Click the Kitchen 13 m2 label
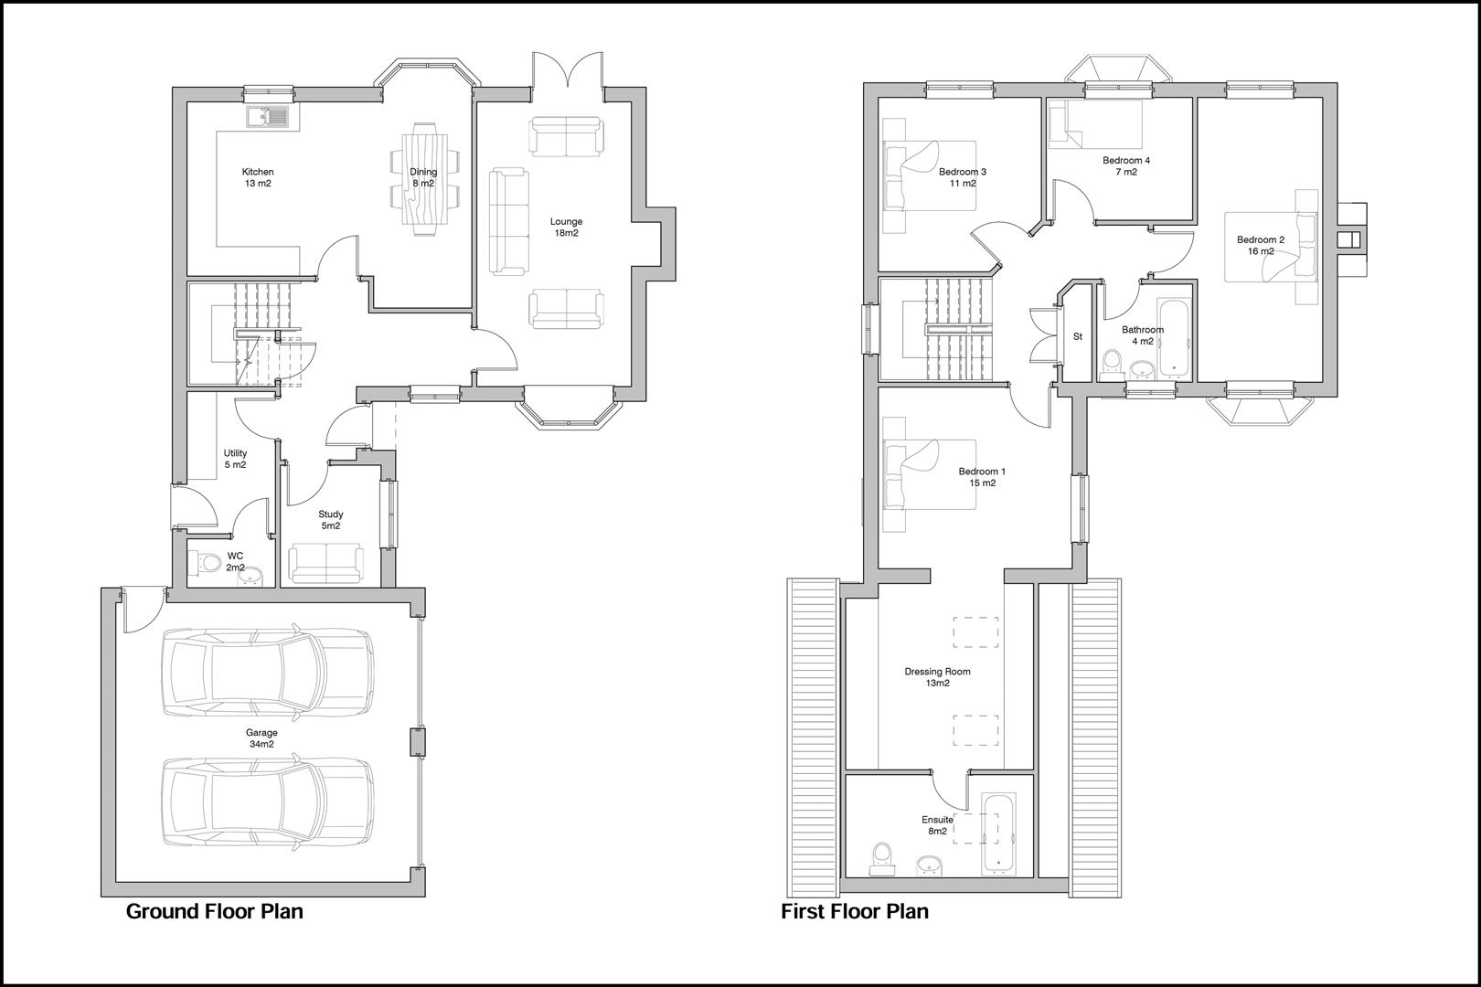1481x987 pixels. [257, 177]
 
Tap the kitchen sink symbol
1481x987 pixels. [267, 116]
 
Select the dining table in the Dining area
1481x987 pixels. [423, 179]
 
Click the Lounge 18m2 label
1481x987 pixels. [566, 227]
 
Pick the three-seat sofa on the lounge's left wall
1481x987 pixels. [509, 221]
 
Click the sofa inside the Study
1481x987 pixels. [326, 563]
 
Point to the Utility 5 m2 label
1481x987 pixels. [235, 459]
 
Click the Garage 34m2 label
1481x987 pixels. [261, 738]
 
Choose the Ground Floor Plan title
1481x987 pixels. [214, 911]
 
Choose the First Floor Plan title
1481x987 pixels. [854, 911]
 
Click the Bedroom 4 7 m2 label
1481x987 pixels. [1125, 165]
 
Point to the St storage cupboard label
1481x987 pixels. [1077, 336]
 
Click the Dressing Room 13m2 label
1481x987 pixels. [937, 677]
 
